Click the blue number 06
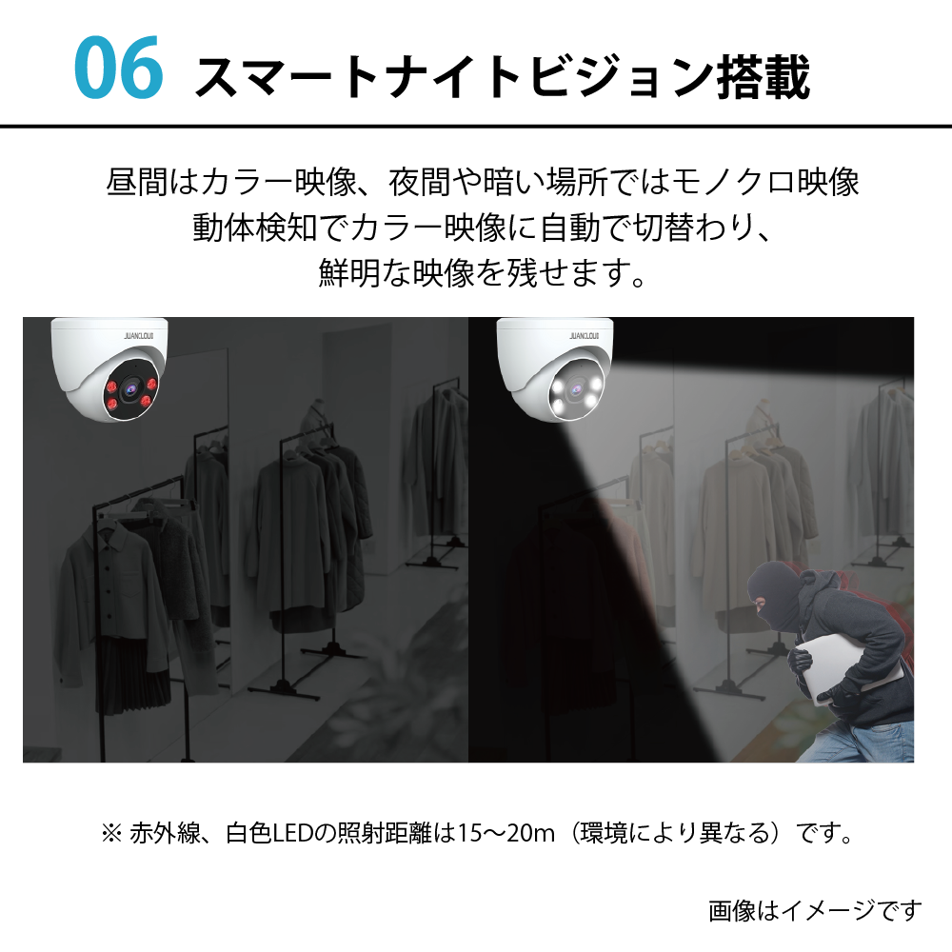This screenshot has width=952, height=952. pos(118,67)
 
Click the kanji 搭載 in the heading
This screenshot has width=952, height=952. pos(763,76)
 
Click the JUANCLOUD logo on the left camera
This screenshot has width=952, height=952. pos(138,336)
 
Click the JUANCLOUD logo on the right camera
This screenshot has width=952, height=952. pos(585,336)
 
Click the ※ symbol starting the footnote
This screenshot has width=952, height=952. pos(111,833)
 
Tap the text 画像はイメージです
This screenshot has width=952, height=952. pos(815,910)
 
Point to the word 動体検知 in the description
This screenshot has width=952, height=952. pos(255,228)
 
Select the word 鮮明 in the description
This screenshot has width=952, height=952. pos(349,272)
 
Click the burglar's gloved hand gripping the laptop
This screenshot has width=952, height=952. pos(801,662)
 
